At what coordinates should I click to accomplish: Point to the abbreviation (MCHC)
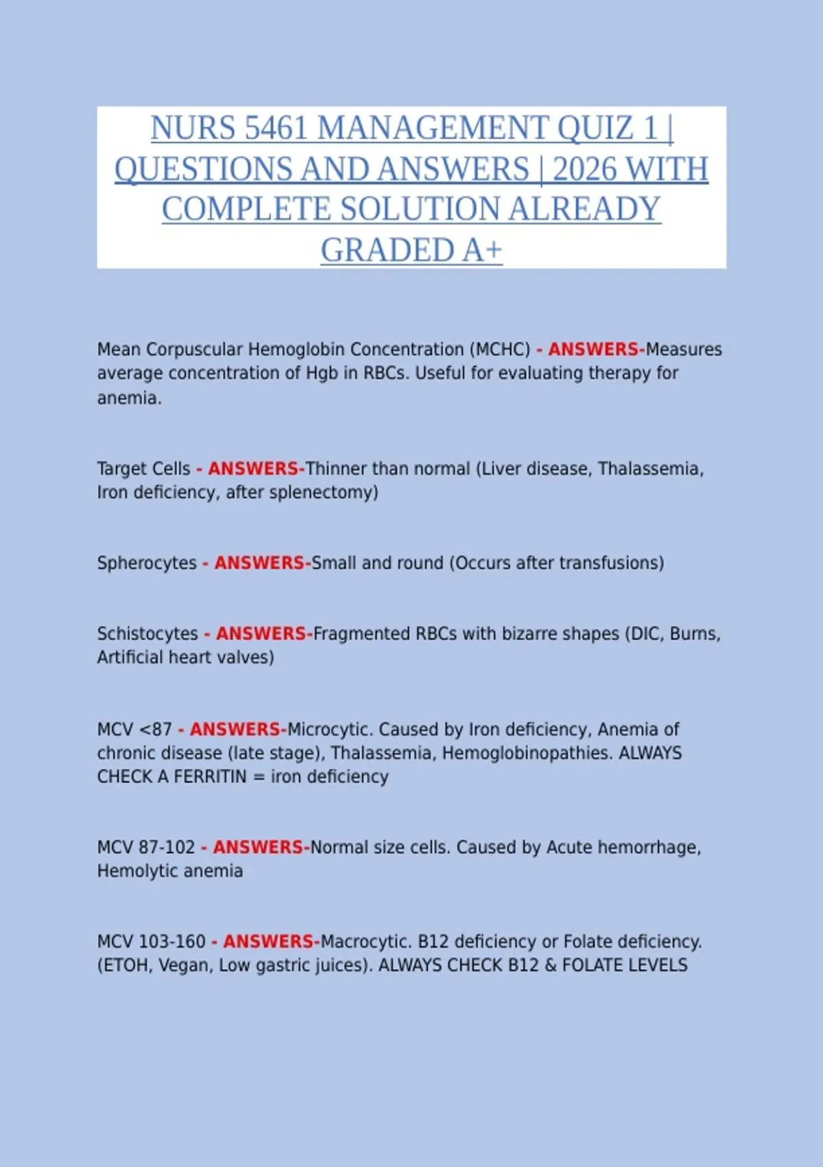tap(500, 349)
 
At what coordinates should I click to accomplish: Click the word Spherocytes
tap(147, 563)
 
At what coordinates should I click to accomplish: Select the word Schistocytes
tap(147, 634)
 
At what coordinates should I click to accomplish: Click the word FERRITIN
tap(210, 776)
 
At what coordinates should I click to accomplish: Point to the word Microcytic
tap(330, 729)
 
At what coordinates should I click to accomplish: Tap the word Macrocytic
tap(366, 942)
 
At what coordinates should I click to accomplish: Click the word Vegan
tap(184, 965)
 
